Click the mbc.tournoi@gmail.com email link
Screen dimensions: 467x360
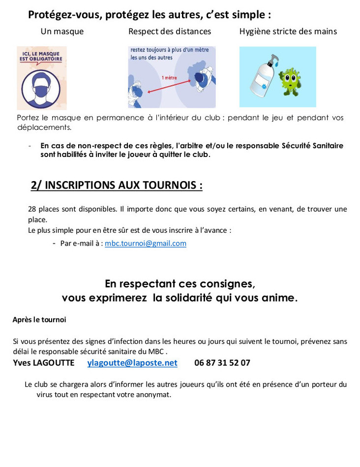coord(145,243)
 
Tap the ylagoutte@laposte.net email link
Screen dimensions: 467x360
coord(132,363)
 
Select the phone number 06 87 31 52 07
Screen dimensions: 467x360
coord(222,363)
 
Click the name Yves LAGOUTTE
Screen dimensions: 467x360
coord(43,363)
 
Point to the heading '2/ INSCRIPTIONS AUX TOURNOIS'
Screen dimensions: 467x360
coord(117,185)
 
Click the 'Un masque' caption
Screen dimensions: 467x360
coord(62,31)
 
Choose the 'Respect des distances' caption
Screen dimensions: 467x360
coord(170,31)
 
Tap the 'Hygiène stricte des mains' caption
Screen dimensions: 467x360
coord(288,31)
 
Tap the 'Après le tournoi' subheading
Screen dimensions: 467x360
coord(39,319)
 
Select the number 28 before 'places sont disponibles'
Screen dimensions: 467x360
coord(32,209)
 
